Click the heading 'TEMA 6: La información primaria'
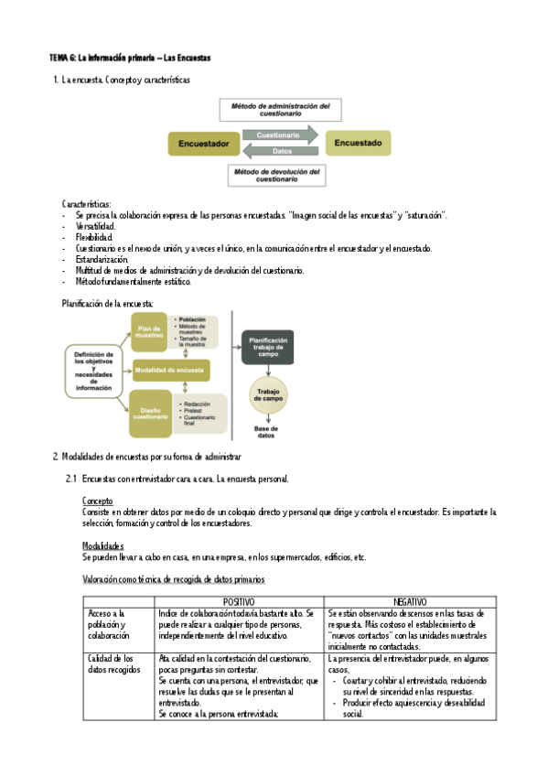(x=130, y=58)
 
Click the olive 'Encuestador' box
(x=203, y=144)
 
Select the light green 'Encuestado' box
(x=358, y=143)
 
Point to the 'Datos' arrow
(x=282, y=151)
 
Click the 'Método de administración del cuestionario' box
(x=281, y=110)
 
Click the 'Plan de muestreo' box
(x=148, y=332)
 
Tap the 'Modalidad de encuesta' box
(x=171, y=371)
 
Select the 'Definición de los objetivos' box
(x=94, y=371)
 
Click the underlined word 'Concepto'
(x=98, y=501)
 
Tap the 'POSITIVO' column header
(x=240, y=600)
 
